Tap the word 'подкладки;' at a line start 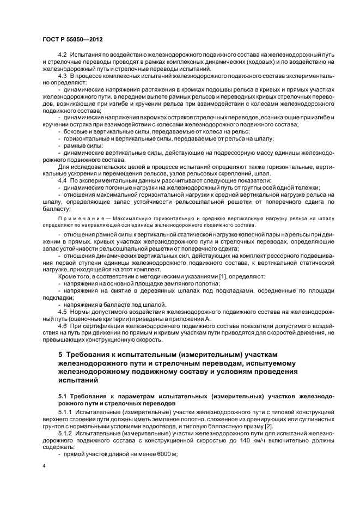[x=58, y=297]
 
